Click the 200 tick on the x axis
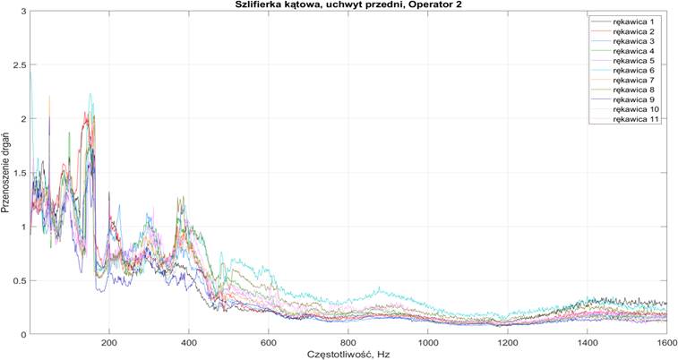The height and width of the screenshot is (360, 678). pos(109,342)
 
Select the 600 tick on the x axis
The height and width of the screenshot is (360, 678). pos(269,342)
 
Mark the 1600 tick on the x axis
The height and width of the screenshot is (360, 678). pos(665,342)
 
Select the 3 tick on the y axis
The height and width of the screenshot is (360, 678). pos(21,12)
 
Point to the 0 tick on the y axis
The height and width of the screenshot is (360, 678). pos(21,334)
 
